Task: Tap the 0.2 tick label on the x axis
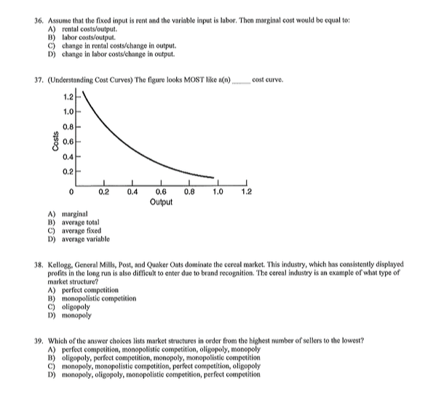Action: [x=104, y=193]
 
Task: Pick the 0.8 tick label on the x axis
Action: [x=189, y=193]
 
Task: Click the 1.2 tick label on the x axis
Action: [x=246, y=193]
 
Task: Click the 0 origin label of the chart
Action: [x=71, y=193]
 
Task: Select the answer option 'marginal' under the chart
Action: [x=76, y=215]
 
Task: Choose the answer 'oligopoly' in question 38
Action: [x=77, y=308]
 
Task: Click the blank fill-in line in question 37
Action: [x=239, y=80]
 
